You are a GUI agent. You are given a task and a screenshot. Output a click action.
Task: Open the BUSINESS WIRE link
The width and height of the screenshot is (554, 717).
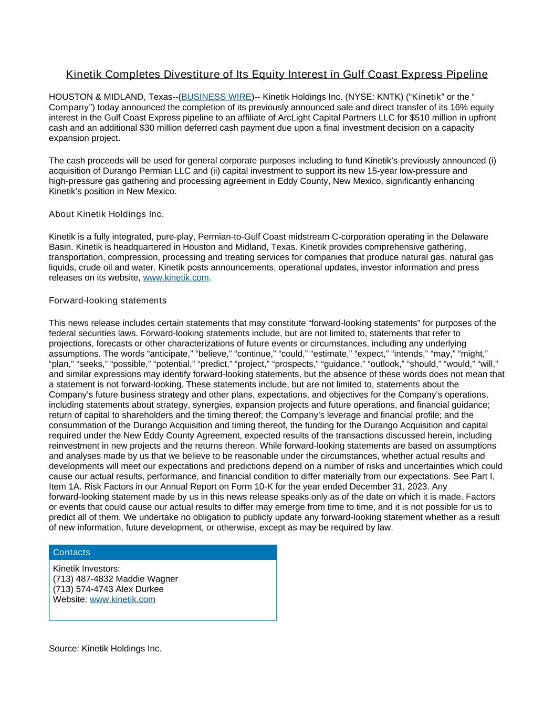click(216, 97)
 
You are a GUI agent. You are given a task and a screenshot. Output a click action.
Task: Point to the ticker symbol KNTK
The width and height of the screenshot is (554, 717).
click(389, 97)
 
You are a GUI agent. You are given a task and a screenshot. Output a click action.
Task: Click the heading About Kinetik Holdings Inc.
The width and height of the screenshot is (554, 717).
click(106, 214)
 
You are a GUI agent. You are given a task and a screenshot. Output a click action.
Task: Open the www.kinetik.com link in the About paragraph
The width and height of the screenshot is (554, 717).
click(176, 278)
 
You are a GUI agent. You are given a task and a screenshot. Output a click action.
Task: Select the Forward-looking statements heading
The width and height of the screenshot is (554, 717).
click(108, 300)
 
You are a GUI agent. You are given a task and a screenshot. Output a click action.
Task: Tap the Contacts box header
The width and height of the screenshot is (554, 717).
click(162, 553)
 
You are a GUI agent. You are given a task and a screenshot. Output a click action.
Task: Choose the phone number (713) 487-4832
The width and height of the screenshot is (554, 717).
click(83, 579)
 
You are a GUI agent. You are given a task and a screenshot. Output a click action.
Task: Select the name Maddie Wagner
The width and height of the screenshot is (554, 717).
click(147, 579)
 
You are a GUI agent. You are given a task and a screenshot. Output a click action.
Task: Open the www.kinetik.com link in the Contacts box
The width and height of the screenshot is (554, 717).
click(122, 599)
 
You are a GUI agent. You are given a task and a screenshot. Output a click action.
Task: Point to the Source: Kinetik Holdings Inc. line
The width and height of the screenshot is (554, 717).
click(105, 649)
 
